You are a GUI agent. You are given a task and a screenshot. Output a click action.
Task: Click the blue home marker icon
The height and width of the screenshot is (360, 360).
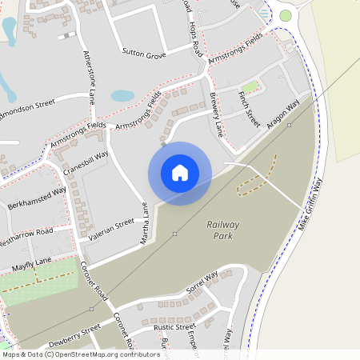tap(180, 173)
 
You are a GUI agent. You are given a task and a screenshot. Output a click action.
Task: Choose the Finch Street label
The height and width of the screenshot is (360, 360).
tap(250, 109)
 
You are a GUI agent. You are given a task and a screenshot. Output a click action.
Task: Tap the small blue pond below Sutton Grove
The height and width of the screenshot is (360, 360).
tap(122, 95)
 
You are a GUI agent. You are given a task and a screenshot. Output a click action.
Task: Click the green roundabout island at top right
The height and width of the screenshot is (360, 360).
tap(286, 15)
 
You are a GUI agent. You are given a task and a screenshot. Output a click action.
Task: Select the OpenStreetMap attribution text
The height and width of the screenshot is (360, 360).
tap(81, 354)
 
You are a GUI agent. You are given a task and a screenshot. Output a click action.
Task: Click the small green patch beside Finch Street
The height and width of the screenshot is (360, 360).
tap(250, 86)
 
